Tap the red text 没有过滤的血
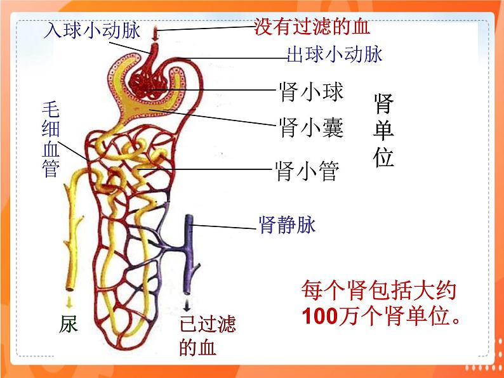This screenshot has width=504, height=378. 312,27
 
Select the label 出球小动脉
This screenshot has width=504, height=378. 335,55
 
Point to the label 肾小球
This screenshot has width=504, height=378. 311,92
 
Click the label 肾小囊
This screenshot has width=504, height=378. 311,128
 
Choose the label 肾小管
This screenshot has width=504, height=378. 307,171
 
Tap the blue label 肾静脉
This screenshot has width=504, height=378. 287,225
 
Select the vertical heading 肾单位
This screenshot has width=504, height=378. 384,130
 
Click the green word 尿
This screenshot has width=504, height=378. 68,325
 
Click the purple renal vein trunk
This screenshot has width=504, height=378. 189,254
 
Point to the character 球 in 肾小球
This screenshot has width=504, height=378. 331,92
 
